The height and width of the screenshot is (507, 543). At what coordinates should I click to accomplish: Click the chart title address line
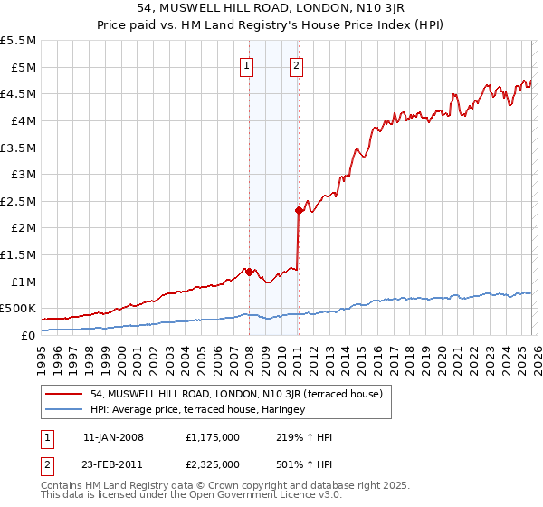point(271,8)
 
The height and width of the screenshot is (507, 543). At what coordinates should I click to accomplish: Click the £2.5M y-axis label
point(19,201)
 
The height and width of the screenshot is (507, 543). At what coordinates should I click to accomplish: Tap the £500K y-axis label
point(19,309)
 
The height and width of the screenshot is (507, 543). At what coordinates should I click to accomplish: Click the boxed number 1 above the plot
point(247,65)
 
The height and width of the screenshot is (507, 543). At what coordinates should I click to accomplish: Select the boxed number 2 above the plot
point(297,65)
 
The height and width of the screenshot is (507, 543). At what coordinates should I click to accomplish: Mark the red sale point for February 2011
point(299,210)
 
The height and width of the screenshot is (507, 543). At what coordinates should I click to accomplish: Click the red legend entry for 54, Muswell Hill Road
point(237,394)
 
